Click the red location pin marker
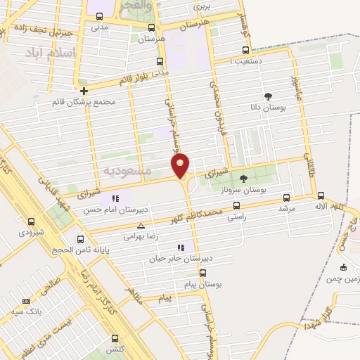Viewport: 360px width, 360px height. click(181, 165)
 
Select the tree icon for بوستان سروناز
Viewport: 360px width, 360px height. click(243, 179)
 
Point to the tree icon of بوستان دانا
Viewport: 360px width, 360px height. click(267, 96)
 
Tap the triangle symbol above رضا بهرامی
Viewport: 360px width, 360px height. click(141, 226)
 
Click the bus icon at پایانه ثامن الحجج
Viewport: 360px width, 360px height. click(80, 238)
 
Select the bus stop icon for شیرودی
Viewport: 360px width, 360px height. click(31, 220)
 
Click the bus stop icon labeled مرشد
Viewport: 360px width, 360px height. click(285, 198)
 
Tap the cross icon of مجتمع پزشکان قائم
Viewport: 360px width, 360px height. click(84, 91)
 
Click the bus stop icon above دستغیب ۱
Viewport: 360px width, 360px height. click(245, 50)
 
